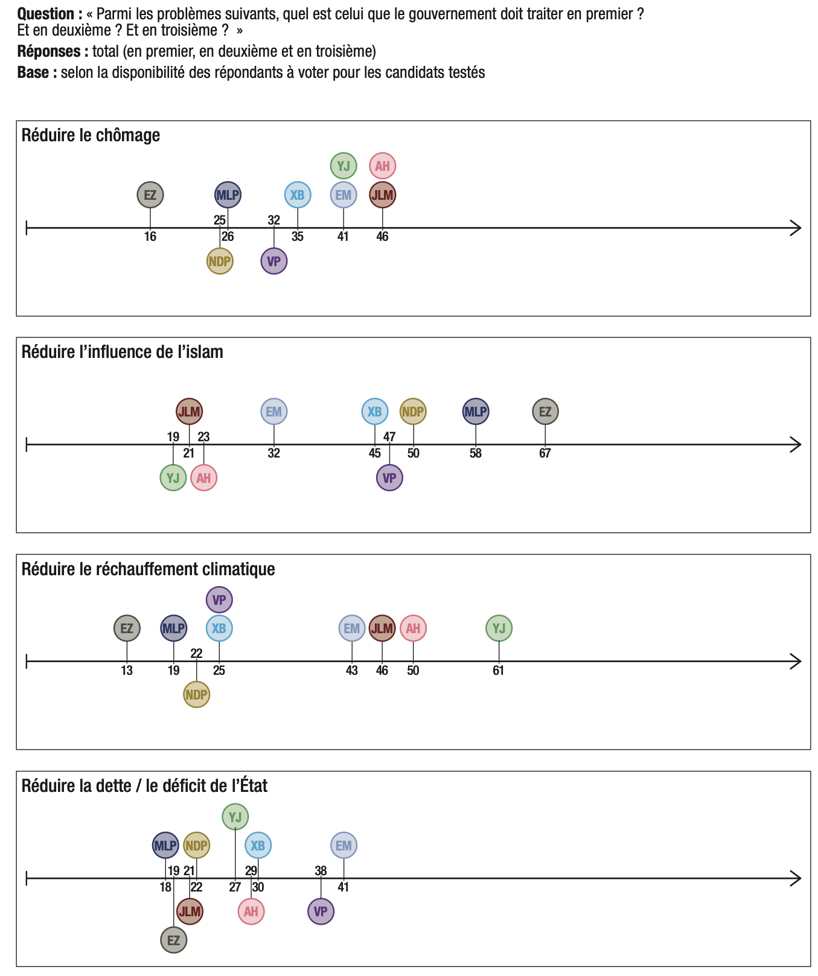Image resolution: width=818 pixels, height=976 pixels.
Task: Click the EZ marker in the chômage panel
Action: tap(150, 195)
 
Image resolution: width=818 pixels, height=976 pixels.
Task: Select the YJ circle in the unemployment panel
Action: tap(343, 165)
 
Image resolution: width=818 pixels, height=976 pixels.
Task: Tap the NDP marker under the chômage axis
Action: tap(220, 261)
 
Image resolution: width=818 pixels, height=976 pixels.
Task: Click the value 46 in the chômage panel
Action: tap(382, 237)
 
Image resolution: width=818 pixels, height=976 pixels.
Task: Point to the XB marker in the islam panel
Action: tap(375, 412)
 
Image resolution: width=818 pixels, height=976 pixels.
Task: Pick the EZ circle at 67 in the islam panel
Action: tap(545, 412)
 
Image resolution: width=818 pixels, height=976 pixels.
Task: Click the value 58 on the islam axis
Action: tap(476, 453)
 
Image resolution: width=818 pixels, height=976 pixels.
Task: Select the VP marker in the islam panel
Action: tap(389, 478)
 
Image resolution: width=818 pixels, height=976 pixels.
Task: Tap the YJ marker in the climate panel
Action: tap(499, 628)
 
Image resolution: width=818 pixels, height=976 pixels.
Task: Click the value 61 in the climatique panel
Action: tap(498, 670)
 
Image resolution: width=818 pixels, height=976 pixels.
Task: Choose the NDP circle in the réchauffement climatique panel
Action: tap(196, 695)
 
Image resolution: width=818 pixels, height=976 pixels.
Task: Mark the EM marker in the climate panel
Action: tap(352, 628)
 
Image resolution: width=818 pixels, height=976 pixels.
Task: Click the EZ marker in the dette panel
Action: tap(174, 940)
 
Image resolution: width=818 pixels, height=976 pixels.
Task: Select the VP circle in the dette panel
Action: tap(321, 911)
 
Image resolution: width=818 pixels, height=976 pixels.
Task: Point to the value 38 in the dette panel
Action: tap(321, 870)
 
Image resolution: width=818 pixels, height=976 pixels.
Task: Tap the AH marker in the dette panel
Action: tap(251, 911)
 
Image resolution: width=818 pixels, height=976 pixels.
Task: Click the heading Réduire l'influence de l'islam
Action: tap(123, 352)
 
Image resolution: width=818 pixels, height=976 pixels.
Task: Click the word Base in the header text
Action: tap(37, 72)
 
